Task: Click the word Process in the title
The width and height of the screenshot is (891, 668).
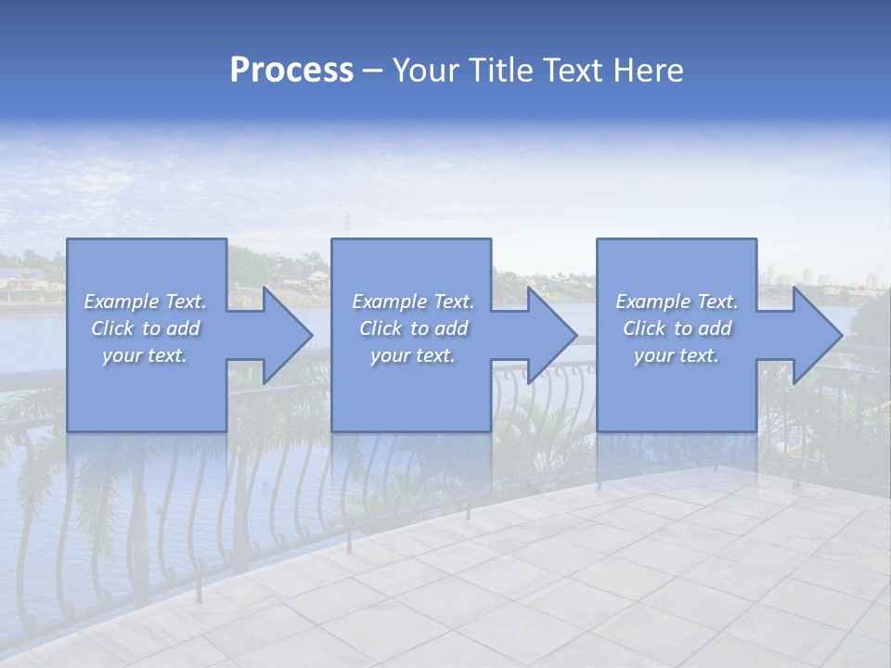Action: point(291,71)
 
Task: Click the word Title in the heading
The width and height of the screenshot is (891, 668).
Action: point(499,71)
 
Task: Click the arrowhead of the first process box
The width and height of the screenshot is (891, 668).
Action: point(286,335)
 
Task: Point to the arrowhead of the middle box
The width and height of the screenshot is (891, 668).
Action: point(550,335)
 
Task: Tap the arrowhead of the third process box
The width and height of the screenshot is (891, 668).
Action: point(816,335)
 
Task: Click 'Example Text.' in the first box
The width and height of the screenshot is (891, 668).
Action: point(145,302)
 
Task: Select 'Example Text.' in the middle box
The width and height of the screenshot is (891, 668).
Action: point(413,302)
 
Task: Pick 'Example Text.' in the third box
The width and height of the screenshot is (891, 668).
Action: point(677,302)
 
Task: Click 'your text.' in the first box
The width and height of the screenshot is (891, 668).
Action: point(145,355)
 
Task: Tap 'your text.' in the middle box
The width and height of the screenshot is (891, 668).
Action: point(413,355)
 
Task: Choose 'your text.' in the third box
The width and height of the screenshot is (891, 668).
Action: point(677,355)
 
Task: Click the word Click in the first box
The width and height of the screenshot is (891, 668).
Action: point(112,328)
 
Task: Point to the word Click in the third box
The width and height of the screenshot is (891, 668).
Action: point(644,328)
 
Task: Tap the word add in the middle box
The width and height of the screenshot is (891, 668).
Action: point(451,328)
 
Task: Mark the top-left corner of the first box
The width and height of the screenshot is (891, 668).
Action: point(68,239)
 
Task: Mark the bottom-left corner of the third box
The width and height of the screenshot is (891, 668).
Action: point(598,430)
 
